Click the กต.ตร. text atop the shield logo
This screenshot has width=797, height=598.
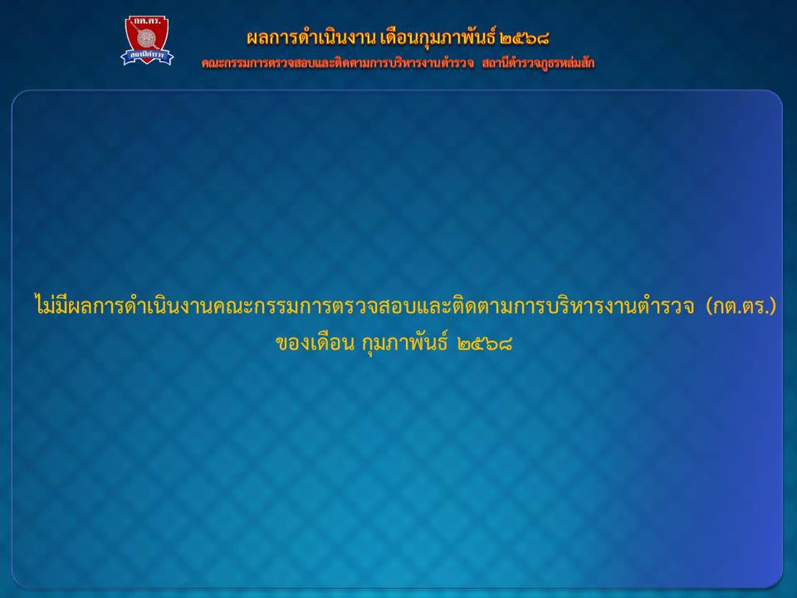146,22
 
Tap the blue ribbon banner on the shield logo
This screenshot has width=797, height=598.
147,56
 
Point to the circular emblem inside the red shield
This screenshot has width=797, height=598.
146,38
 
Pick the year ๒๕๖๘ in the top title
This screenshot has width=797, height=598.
525,38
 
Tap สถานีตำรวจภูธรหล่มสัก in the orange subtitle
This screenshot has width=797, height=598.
538,64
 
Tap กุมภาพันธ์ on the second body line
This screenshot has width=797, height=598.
404,343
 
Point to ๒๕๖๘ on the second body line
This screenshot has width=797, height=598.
484,344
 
